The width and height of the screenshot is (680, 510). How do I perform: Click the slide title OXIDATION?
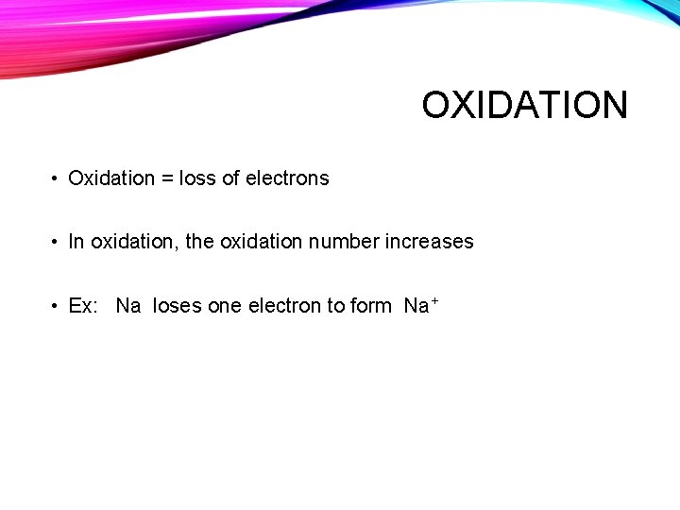point(524,105)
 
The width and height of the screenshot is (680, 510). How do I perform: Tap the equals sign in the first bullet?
point(168,178)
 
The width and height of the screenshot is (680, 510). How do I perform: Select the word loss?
point(197,178)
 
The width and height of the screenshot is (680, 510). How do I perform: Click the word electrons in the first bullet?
point(287,178)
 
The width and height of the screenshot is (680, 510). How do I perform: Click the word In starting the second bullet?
point(76,242)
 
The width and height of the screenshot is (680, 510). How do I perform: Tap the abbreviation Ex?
point(83,306)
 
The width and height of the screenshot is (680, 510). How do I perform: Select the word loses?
point(177,306)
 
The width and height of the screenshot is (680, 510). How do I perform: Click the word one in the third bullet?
point(225,306)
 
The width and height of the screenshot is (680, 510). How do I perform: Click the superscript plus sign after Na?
point(434,300)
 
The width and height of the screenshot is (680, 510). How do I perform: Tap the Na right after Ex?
point(128,306)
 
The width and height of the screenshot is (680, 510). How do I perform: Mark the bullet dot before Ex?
point(57,306)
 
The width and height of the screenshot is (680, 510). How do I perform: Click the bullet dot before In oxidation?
point(57,243)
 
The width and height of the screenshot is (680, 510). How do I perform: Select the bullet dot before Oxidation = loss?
point(57,179)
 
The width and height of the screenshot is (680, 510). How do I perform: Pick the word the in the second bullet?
point(199,242)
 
